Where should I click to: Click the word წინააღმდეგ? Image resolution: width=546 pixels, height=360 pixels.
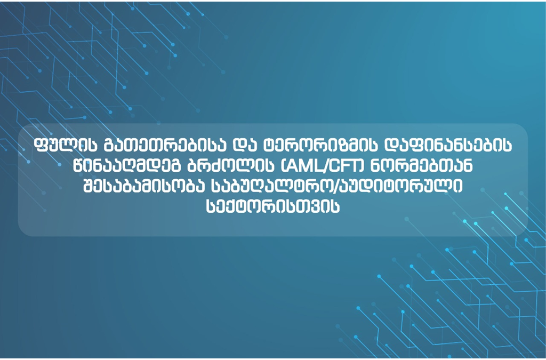pos(127,166)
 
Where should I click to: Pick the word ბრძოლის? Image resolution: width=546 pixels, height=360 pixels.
pos(231,166)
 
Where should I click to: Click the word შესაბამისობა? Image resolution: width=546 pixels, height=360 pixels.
pos(144,186)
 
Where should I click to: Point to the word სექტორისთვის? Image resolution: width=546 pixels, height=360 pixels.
pos(272,207)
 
